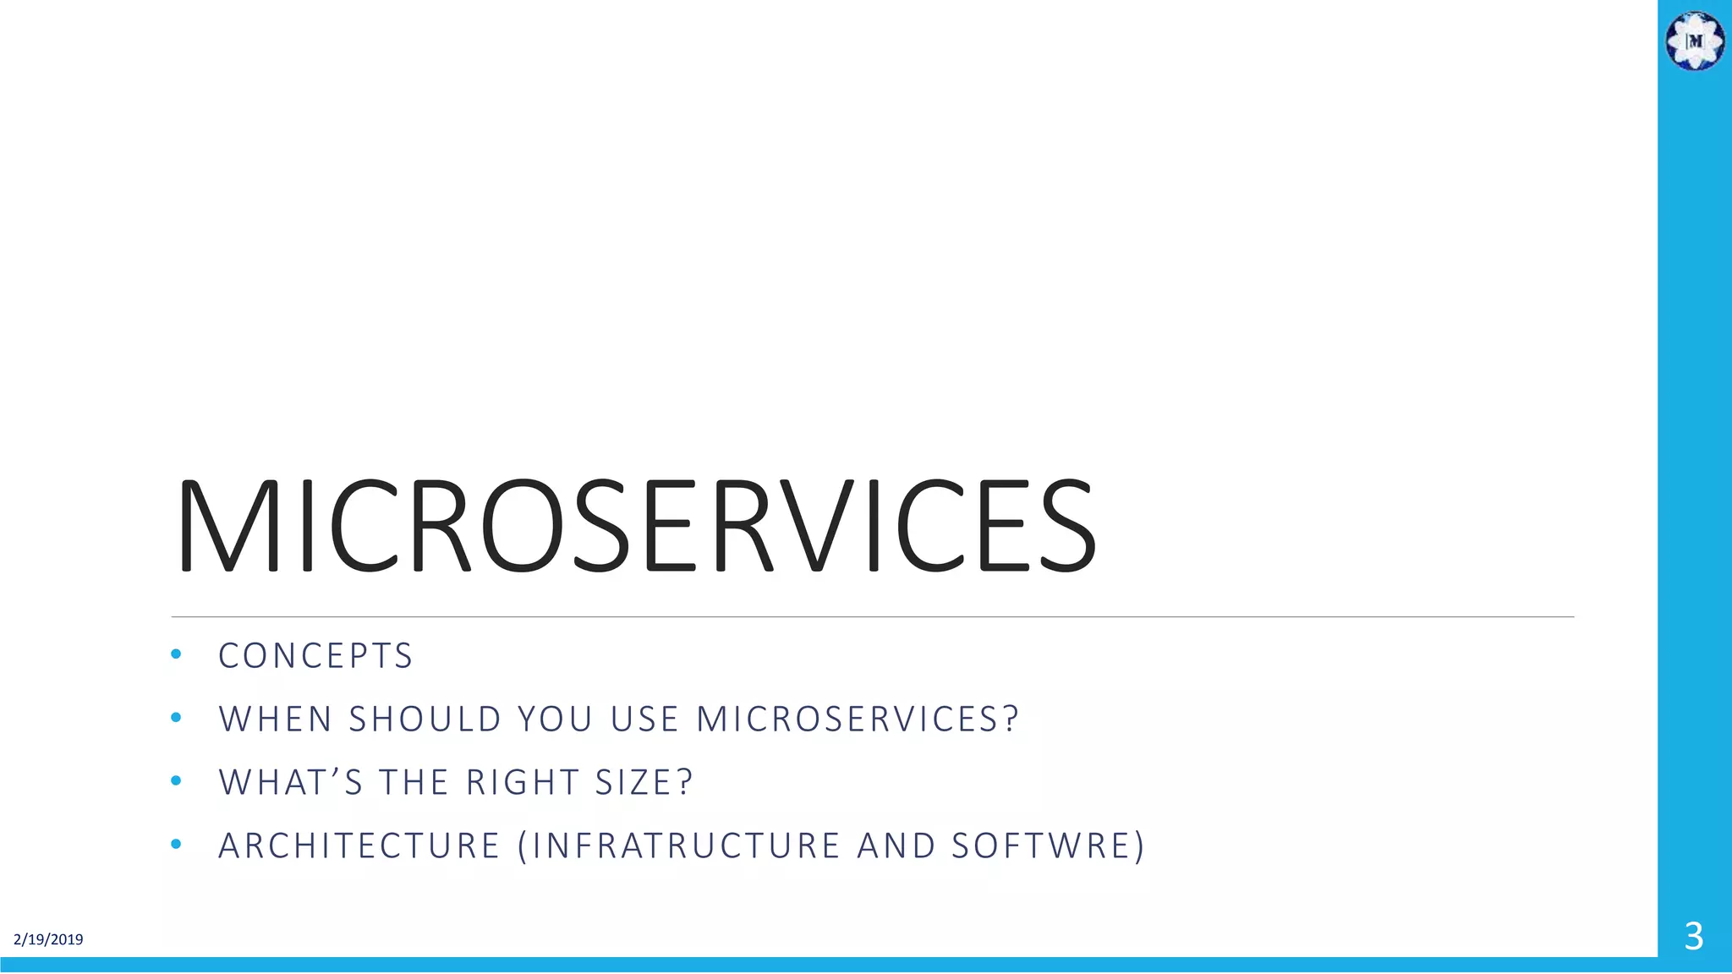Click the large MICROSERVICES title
click(x=635, y=526)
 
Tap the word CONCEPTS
click(x=315, y=656)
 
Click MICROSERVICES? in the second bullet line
click(x=858, y=720)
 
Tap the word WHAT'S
click(x=291, y=783)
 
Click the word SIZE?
click(x=644, y=783)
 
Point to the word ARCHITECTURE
click(x=359, y=846)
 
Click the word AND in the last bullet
click(x=896, y=846)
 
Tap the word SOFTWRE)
click(x=1048, y=846)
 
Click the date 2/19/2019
click(x=48, y=939)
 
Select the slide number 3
click(x=1693, y=937)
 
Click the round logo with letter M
click(x=1695, y=41)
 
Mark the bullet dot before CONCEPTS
click(x=176, y=654)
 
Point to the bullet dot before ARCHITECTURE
click(x=176, y=844)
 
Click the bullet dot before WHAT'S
click(x=176, y=780)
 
